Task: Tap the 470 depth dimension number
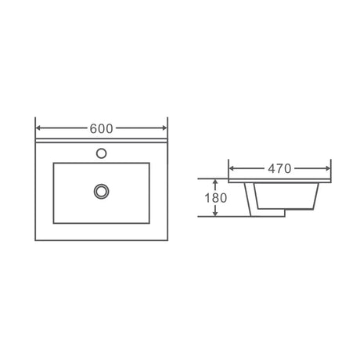coord(279,168)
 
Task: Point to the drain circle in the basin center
coord(101,189)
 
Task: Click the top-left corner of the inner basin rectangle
coord(53,163)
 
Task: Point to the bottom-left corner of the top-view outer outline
coord(37,238)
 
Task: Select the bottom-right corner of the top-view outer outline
coord(167,238)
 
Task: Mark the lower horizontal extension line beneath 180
coord(235,217)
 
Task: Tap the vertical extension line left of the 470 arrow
coord(228,166)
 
